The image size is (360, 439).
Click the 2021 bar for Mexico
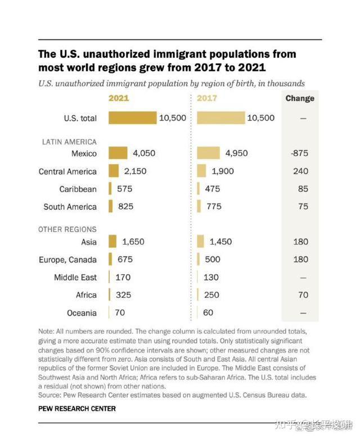click(118, 153)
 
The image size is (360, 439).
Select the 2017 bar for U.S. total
click(221, 118)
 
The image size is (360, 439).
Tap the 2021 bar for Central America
click(114, 171)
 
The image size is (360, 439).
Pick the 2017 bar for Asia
click(201, 242)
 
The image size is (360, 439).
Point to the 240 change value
click(301, 171)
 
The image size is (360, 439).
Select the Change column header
click(300, 98)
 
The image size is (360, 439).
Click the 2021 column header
click(119, 98)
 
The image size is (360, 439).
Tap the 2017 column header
click(208, 98)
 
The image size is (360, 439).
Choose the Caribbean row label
click(78, 189)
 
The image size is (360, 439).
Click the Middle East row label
click(75, 277)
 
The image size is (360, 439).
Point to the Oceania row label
click(82, 313)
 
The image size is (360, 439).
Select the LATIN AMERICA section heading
click(67, 142)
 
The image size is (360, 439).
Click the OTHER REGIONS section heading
click(67, 229)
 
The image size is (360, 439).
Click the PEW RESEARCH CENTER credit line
click(77, 409)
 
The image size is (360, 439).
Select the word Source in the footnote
click(50, 395)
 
